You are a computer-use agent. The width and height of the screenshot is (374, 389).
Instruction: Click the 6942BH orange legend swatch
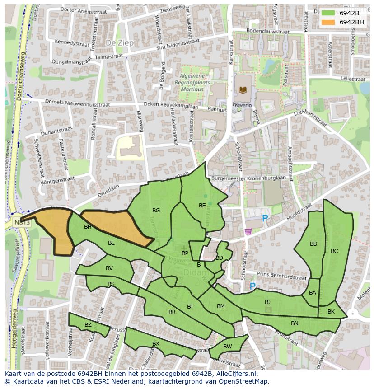pyautogui.click(x=328, y=22)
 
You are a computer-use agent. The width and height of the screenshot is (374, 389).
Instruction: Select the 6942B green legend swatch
pyautogui.click(x=328, y=13)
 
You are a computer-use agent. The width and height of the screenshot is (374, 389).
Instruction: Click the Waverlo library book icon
pyautogui.click(x=243, y=90)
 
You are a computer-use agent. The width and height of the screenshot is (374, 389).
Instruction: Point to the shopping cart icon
pyautogui.click(x=248, y=231)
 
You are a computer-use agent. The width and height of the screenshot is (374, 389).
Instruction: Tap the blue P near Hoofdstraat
pyautogui.click(x=265, y=219)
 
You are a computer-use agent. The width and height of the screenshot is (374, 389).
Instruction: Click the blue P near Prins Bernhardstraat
pyautogui.click(x=252, y=286)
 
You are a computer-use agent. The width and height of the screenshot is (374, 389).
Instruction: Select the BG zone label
pyautogui.click(x=156, y=211)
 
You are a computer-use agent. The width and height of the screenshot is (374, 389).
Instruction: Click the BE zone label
pyautogui.click(x=202, y=206)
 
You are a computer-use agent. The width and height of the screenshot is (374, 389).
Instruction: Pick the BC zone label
pyautogui.click(x=334, y=251)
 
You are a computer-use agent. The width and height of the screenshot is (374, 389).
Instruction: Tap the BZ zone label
pyautogui.click(x=88, y=325)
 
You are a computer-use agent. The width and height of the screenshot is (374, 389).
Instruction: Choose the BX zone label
pyautogui.click(x=156, y=344)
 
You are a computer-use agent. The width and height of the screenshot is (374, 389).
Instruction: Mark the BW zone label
pyautogui.click(x=227, y=347)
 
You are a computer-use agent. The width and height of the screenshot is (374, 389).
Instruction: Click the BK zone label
pyautogui.click(x=331, y=312)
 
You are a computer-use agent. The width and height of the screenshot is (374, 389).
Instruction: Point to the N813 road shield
pyautogui.click(x=19, y=222)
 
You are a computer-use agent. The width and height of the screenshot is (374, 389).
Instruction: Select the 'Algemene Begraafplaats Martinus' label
pyautogui.click(x=192, y=83)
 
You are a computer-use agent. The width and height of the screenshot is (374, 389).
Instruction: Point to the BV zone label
pyautogui.click(x=109, y=268)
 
